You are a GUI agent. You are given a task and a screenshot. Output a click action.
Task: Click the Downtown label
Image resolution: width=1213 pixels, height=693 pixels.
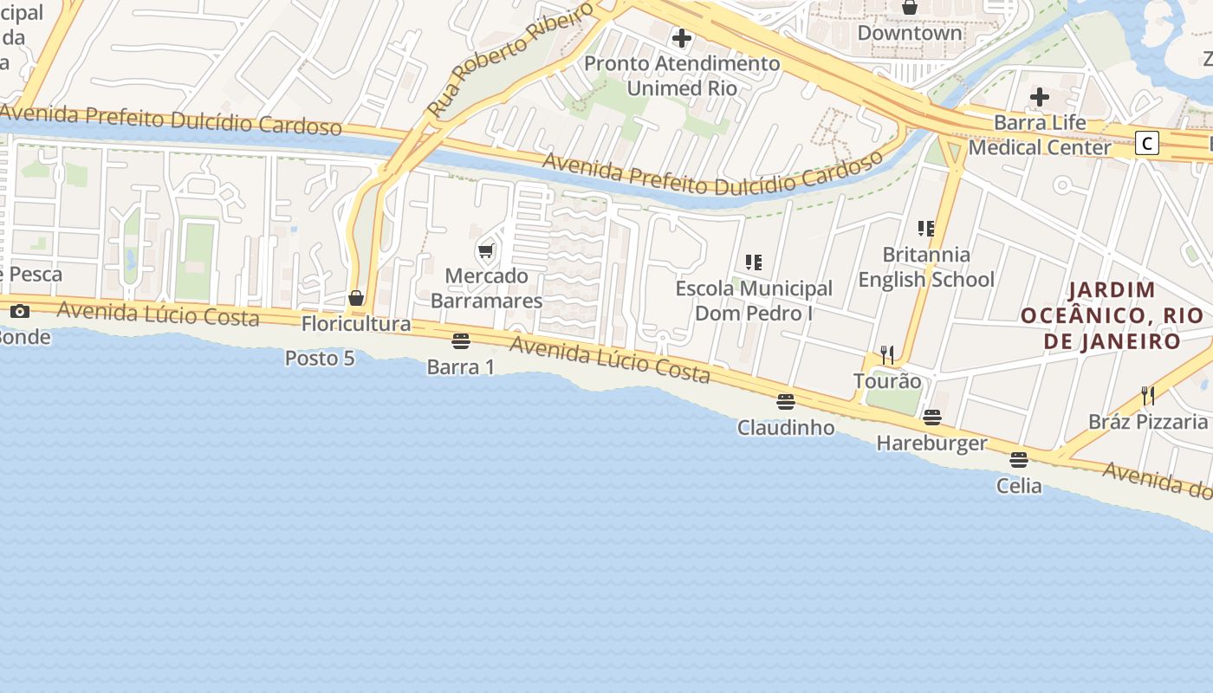click(x=910, y=34)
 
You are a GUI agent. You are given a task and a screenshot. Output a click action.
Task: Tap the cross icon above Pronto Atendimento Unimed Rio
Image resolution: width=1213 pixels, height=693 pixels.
click(x=682, y=38)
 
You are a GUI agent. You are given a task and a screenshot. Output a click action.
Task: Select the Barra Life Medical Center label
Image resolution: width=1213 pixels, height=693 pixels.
click(x=1039, y=135)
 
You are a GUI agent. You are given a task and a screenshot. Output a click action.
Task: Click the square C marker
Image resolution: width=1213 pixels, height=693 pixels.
click(x=1147, y=143)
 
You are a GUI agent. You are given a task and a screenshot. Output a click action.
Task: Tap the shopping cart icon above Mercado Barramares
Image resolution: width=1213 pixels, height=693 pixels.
click(x=486, y=251)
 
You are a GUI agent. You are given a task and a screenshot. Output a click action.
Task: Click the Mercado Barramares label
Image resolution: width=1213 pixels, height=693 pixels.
click(x=486, y=288)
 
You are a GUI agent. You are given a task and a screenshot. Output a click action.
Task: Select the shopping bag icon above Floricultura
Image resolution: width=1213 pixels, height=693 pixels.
click(x=356, y=299)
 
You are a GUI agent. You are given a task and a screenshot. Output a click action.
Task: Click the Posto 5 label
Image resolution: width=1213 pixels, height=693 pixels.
click(x=320, y=358)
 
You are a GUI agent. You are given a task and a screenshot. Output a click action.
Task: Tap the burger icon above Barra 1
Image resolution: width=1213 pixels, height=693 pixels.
click(x=461, y=341)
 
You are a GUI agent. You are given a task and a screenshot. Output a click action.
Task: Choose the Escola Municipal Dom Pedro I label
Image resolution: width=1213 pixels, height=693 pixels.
click(x=754, y=301)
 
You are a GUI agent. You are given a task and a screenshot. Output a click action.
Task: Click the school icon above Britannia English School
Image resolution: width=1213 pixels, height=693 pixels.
click(x=926, y=229)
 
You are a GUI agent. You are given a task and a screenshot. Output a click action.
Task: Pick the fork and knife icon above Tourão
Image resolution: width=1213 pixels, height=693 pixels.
click(x=887, y=355)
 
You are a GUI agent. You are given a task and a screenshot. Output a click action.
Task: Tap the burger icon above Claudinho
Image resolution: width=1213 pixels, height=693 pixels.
click(x=786, y=402)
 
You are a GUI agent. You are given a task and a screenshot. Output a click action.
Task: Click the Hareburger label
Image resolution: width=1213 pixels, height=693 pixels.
click(x=931, y=444)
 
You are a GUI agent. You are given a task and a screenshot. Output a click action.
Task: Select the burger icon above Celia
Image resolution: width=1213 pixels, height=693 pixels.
click(x=1019, y=460)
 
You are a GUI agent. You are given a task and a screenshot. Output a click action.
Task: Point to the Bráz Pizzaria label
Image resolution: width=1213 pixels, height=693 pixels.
click(x=1148, y=422)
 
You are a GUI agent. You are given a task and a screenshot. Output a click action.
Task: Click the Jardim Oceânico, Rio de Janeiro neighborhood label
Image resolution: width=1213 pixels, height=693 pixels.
click(x=1112, y=315)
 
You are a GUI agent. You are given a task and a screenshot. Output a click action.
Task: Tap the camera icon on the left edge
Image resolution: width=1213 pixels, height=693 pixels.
click(x=19, y=312)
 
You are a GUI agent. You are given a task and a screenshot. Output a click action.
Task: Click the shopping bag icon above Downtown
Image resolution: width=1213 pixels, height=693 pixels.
click(x=910, y=8)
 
